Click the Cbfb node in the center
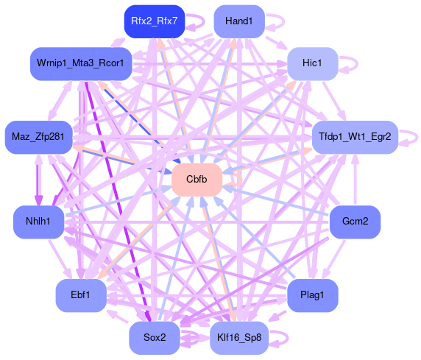tap(197, 180)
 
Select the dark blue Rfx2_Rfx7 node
tap(155, 21)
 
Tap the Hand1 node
tap(239, 21)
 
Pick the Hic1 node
tap(312, 63)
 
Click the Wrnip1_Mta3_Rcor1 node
tap(81, 63)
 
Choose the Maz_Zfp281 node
tap(38, 137)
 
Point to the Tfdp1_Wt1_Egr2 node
tap(355, 137)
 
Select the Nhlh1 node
tap(38, 222)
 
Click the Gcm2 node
tap(355, 222)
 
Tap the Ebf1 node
tap(81, 295)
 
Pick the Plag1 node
tap(312, 295)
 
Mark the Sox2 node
tap(155, 338)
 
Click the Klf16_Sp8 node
tap(239, 338)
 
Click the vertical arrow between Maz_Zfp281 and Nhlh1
tap(39, 180)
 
